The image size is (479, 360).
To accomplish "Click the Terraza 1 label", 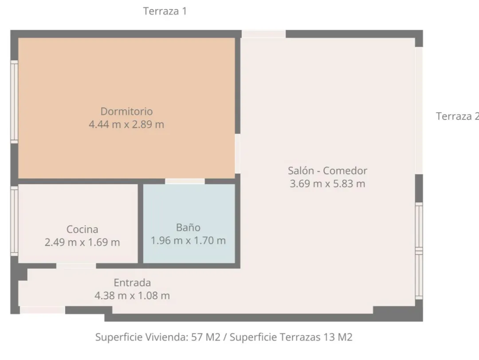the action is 165,11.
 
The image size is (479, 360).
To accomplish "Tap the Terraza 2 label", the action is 457,116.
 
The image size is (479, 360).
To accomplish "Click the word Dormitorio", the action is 126,111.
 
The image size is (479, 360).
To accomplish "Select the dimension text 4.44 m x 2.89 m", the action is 126,124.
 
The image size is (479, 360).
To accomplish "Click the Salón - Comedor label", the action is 327,170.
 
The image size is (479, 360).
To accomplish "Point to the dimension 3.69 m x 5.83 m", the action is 327,184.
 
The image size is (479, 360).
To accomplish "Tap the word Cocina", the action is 82,229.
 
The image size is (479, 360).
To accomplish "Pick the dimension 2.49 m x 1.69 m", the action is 82,242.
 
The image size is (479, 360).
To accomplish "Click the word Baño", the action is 188,228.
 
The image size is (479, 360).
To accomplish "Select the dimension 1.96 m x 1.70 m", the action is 188,241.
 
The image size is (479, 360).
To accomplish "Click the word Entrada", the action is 132,283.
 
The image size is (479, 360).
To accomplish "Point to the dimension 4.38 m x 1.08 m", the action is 132,296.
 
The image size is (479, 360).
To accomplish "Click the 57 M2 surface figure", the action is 206,337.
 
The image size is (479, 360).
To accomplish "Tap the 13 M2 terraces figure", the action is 338,337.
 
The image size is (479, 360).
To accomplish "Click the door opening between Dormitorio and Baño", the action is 185,181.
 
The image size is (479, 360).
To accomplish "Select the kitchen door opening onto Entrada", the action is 76,266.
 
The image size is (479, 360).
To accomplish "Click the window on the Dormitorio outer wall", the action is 14,102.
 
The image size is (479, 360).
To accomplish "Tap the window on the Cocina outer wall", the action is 14,221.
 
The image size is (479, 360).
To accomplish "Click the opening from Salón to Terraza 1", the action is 263,34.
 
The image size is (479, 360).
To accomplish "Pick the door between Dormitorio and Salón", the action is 238,154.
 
